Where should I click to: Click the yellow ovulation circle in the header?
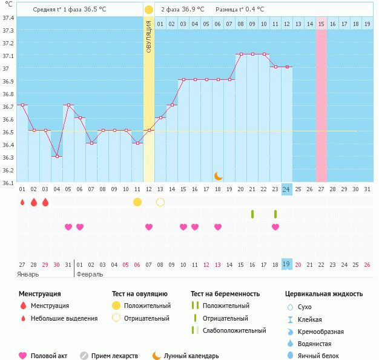tap(149, 10)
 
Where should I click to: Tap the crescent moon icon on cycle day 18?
tap(218, 176)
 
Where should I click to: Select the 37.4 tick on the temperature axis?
tap(8, 18)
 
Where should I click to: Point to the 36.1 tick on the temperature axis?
tap(8, 183)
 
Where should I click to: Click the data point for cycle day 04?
tap(56, 156)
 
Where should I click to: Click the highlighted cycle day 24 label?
tap(286, 189)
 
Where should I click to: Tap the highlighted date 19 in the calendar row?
tap(286, 264)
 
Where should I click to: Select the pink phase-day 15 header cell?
tap(321, 24)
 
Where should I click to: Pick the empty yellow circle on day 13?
tap(160, 201)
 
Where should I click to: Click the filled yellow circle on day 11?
tap(137, 201)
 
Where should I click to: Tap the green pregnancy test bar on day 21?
tap(252, 214)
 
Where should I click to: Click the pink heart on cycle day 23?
tap(275, 227)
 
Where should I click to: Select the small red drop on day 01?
tap(22, 202)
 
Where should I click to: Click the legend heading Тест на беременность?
tap(225, 293)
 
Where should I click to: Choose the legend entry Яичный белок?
tap(319, 356)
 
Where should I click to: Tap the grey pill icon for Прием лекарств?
tap(84, 356)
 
